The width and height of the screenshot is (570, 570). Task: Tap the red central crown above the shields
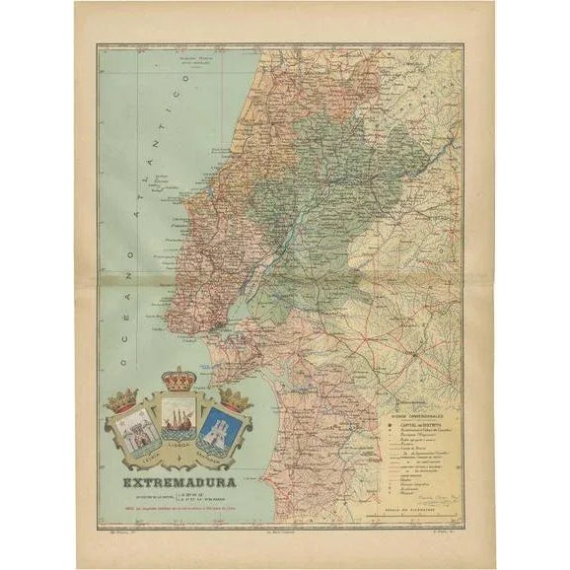pyautogui.click(x=178, y=380)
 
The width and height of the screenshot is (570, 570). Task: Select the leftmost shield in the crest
pyautogui.click(x=137, y=432)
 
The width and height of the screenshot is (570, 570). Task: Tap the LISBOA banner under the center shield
pyautogui.click(x=179, y=459)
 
